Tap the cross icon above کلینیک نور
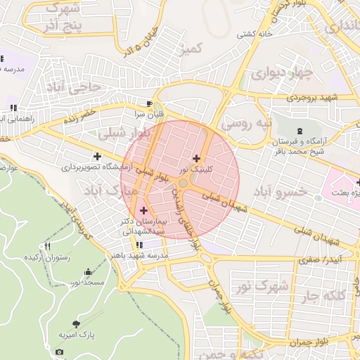click(195, 158)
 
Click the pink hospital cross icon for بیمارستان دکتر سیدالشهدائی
click(144, 210)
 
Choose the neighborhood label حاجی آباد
click(74, 86)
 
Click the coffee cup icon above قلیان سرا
click(149, 102)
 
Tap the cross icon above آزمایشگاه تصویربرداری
click(97, 156)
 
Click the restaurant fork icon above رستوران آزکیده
click(48, 246)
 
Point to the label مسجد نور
click(86, 282)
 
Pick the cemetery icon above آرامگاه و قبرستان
click(301, 131)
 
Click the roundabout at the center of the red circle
click(183, 184)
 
